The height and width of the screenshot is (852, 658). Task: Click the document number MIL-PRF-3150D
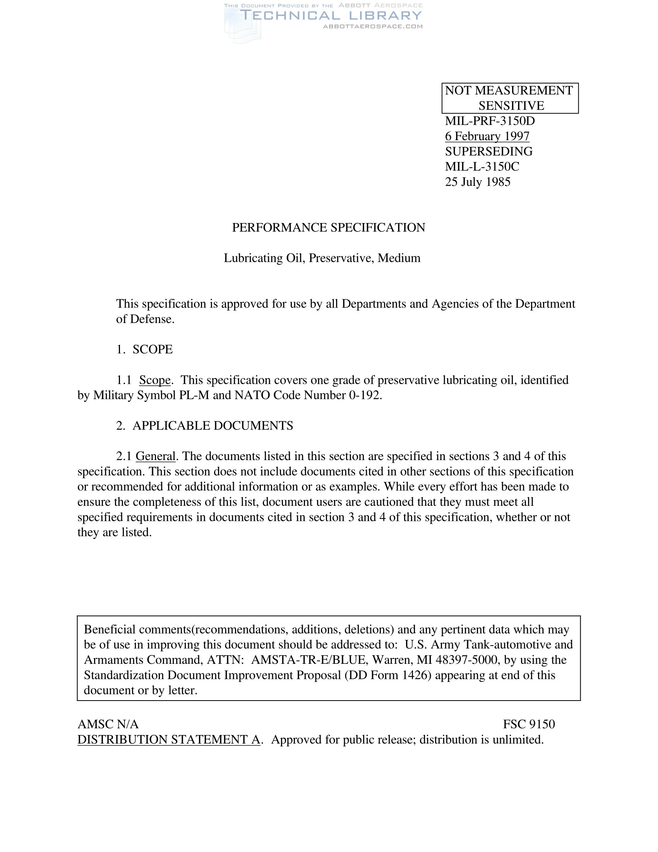click(x=490, y=121)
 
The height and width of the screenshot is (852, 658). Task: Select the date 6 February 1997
click(x=487, y=136)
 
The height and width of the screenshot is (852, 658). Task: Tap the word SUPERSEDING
click(x=488, y=151)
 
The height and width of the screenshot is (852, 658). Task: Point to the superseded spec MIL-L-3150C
click(x=482, y=167)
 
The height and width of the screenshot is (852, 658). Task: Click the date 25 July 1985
click(x=478, y=182)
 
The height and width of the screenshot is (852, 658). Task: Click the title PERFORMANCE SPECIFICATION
click(x=328, y=227)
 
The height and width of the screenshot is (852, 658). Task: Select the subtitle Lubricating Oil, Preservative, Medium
click(x=322, y=258)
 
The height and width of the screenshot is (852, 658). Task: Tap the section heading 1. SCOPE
click(x=144, y=349)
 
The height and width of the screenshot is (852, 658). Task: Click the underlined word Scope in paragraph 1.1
click(x=155, y=380)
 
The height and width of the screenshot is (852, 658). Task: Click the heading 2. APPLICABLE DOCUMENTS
click(x=205, y=426)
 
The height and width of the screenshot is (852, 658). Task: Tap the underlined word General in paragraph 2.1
click(x=156, y=456)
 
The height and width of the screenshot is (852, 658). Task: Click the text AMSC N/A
click(x=108, y=724)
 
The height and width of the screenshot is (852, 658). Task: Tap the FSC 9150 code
click(x=529, y=724)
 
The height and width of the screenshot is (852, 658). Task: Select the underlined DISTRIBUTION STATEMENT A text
click(x=169, y=739)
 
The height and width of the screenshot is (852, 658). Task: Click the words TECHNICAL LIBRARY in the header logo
click(x=331, y=15)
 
